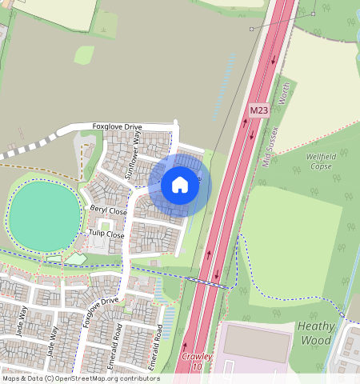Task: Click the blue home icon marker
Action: coord(180,186)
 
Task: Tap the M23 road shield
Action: coord(258,110)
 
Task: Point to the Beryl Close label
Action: coord(108,210)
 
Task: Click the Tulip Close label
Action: coord(106,235)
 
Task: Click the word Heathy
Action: coord(316,326)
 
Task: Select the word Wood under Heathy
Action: coord(316,340)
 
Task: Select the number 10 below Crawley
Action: coord(196,366)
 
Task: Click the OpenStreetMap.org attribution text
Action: coord(104,378)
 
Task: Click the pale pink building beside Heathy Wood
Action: coord(256,342)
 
